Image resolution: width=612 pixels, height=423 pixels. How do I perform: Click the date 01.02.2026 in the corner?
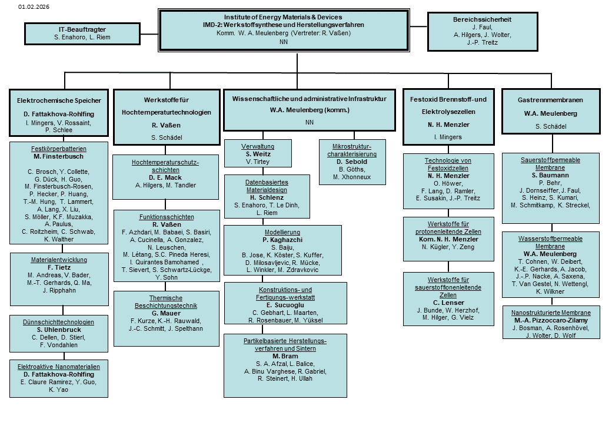pos(34,6)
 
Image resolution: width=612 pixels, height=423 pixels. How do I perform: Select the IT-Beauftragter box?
pos(82,33)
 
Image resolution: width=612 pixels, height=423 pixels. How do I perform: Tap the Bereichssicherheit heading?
pos(482,19)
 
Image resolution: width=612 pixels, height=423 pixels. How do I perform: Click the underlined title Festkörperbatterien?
pos(58,149)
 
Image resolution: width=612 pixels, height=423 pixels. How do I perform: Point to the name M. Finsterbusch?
pos(58,157)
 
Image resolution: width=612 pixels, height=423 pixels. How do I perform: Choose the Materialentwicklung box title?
pos(59,260)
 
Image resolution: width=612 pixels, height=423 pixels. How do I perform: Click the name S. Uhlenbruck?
pos(59,330)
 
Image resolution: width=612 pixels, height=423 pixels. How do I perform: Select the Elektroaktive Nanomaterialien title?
pos(58,367)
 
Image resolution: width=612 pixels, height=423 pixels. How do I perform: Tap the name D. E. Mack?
pos(165,177)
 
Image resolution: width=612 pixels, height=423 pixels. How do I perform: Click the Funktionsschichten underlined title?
pos(167,217)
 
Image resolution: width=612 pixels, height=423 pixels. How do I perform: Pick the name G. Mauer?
pos(167,313)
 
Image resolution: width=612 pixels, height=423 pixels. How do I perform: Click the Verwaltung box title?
pos(258,146)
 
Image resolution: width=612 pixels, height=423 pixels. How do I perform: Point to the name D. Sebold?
pos(352,162)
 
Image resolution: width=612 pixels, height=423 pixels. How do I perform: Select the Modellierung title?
pos(282,232)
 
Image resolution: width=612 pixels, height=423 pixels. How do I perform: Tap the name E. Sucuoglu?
pos(285,305)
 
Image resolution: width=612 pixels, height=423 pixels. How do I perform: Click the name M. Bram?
pos(285,356)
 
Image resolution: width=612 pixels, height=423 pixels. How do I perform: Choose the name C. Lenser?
pos(448,303)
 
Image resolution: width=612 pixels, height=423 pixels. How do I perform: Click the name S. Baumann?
pos(550,175)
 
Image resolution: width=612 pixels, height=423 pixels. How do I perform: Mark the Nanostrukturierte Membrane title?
pos(551,313)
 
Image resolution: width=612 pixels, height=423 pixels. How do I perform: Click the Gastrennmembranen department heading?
pos(550,100)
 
